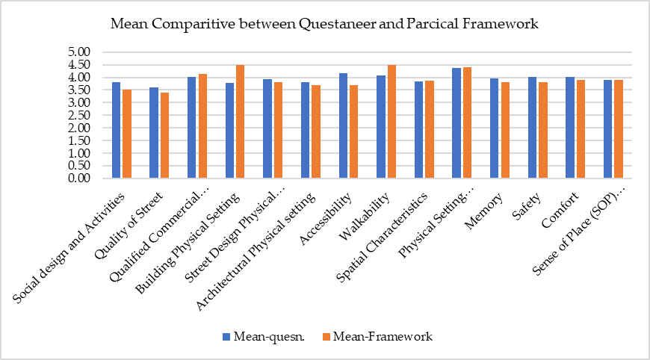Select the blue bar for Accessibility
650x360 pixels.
[x=343, y=126]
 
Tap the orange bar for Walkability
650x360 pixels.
[x=391, y=122]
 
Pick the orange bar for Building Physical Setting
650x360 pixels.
[x=240, y=122]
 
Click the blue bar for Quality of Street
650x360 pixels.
[x=154, y=133]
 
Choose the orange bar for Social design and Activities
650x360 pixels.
[x=126, y=134]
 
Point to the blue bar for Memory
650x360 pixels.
[x=495, y=128]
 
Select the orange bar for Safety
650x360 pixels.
[x=542, y=131]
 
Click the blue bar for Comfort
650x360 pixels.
[x=570, y=128]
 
